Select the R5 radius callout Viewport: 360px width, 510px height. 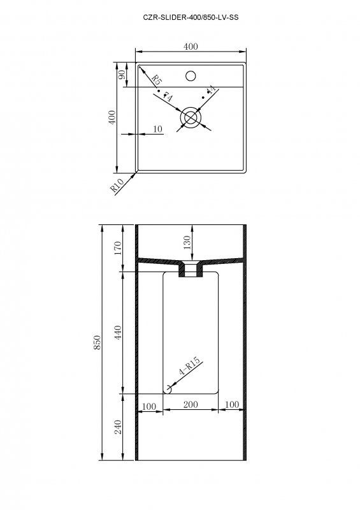[155, 80]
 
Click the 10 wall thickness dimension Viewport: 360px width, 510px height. [158, 129]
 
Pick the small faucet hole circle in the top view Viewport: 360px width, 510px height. [190, 76]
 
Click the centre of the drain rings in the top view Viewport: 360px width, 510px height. [190, 117]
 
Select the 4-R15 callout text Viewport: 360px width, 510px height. [190, 369]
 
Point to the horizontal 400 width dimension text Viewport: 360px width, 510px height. [190, 46]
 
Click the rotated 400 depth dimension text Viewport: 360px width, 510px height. [112, 118]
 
